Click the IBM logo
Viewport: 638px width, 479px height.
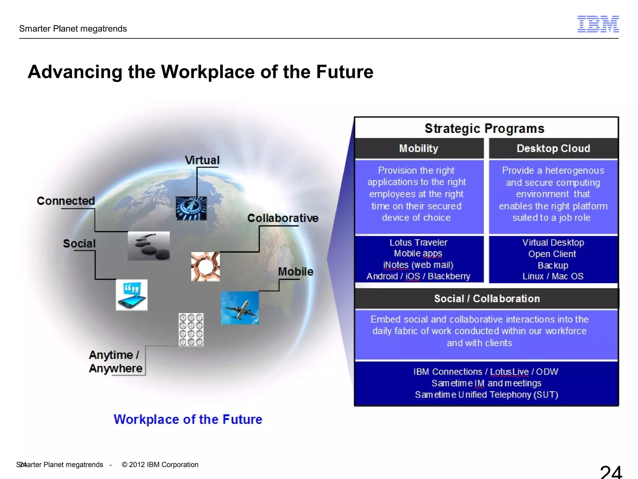[598, 24]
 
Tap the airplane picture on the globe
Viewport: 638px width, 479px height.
[240, 307]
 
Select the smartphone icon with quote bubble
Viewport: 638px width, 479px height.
[131, 295]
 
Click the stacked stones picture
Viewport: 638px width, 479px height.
[149, 246]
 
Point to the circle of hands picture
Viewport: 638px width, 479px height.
[205, 267]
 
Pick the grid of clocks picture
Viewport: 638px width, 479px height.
[191, 330]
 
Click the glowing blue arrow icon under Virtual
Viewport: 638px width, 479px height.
[191, 208]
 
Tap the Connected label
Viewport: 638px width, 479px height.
[66, 201]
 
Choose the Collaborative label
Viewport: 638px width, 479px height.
[283, 218]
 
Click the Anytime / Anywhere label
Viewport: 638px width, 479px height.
[115, 361]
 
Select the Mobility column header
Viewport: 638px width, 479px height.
[419, 148]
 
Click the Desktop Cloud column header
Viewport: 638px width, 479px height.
[553, 148]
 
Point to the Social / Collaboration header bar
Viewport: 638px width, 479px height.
[487, 298]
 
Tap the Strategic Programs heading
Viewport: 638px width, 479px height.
[484, 128]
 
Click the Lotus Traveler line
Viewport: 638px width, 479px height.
[418, 243]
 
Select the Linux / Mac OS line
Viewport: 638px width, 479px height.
[553, 276]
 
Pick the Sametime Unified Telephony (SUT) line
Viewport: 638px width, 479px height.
[486, 395]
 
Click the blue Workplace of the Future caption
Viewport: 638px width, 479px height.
[188, 419]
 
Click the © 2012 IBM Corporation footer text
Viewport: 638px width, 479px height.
[160, 465]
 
